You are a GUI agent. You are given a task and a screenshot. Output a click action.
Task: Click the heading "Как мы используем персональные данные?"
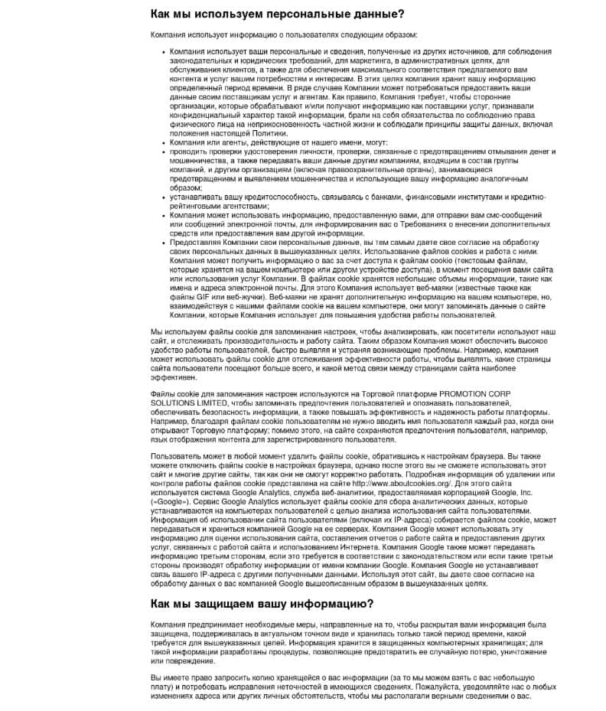tap(277, 14)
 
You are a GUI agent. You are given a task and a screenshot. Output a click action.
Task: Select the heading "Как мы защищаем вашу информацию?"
tap(262, 582)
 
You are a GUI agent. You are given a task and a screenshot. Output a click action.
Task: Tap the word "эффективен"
tap(174, 377)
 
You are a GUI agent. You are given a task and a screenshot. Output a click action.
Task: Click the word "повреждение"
tap(181, 660)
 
